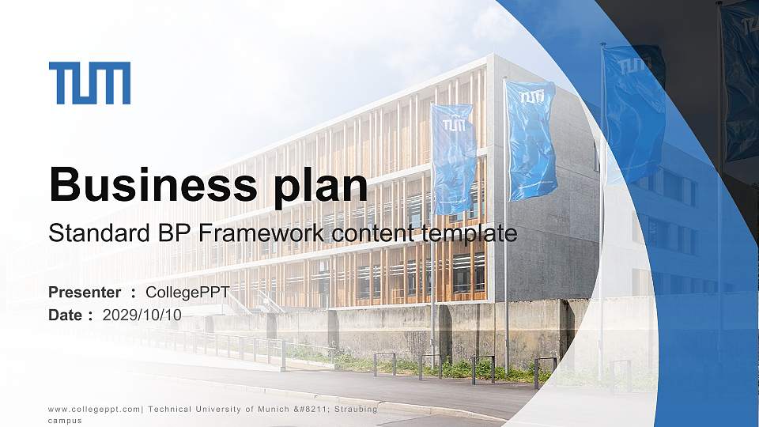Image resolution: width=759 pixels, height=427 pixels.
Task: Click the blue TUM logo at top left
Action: click(x=89, y=83)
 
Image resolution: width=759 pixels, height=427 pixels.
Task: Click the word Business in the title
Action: click(x=150, y=186)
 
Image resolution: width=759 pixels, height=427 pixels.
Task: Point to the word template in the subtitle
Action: click(x=470, y=234)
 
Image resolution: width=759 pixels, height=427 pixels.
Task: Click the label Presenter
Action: click(x=85, y=293)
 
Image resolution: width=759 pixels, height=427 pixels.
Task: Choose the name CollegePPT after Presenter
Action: click(x=187, y=293)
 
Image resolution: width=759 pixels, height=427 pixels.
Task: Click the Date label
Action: click(x=66, y=315)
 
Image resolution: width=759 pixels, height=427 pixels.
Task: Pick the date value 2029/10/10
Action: click(x=142, y=315)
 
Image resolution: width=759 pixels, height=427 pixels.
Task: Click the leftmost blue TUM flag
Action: click(x=453, y=158)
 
